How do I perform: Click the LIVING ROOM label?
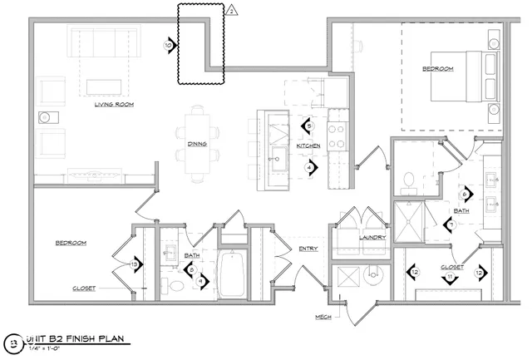[x=114, y=105]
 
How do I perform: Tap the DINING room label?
[x=197, y=141]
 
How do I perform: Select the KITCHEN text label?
[x=308, y=146]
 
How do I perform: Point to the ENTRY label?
[x=297, y=247]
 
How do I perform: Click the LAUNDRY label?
[x=372, y=237]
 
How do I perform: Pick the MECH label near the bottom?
[x=323, y=317]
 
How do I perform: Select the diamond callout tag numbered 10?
[x=170, y=46]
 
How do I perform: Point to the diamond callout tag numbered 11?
[x=450, y=276]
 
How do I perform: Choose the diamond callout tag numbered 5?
[x=308, y=126]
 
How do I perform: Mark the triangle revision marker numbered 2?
[x=233, y=11]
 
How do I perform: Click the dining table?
[x=198, y=141]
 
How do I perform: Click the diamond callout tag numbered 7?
[x=450, y=224]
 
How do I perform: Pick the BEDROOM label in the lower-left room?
[x=71, y=243]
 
